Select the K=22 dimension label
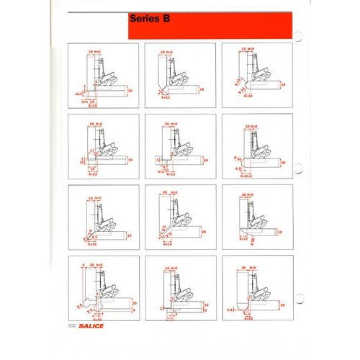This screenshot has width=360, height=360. pyautogui.click(x=93, y=174)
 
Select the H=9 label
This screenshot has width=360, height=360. pyautogui.click(x=253, y=49)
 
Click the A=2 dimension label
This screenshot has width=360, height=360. pyautogui.click(x=160, y=173)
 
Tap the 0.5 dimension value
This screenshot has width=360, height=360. pyautogui.click(x=230, y=310)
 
